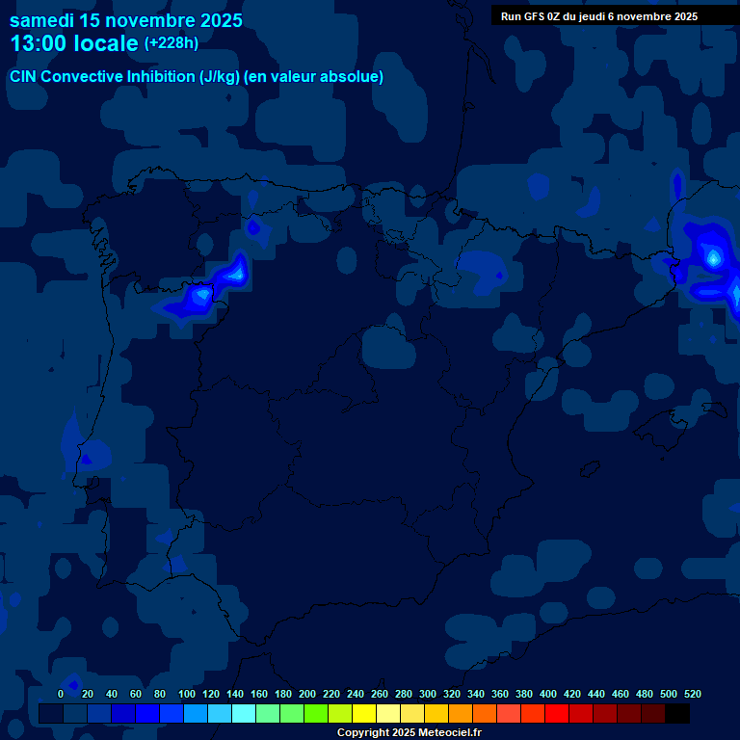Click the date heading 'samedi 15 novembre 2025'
coord(125,20)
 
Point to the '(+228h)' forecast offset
coord(171,42)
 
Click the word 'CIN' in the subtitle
coord(24,77)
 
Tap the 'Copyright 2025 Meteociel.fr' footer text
coord(409,732)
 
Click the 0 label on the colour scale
coord(61,694)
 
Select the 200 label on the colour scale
coord(307,694)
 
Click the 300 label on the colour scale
coord(428,694)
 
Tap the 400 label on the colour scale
coord(548,694)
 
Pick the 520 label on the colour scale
coord(692,694)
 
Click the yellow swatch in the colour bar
coord(364,713)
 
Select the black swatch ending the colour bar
coord(677,713)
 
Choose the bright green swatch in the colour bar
coord(316,713)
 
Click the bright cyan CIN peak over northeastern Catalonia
coord(713,257)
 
